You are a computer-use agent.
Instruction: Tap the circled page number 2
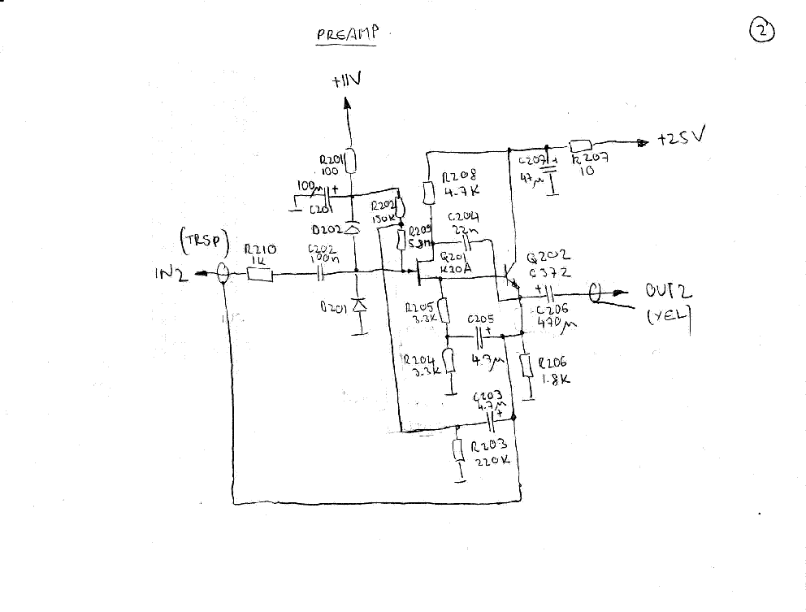(763, 31)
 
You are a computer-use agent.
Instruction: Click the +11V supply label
(347, 81)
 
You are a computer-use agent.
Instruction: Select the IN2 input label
(171, 275)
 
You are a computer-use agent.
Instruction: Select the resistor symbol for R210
(259, 275)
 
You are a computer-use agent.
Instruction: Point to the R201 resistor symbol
(351, 163)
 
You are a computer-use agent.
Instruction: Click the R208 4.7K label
(461, 184)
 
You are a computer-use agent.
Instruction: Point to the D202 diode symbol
(352, 229)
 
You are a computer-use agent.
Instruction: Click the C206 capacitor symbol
(548, 292)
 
